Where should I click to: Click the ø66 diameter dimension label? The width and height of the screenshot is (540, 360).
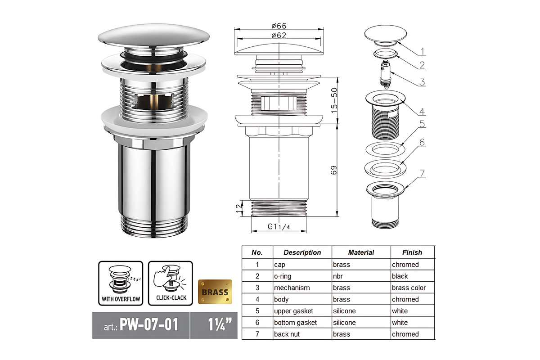tap(279, 26)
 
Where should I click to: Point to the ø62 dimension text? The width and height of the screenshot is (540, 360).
tap(279, 36)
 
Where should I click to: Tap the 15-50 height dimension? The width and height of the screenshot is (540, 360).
tap(334, 100)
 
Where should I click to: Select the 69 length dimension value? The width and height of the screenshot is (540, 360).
tap(333, 170)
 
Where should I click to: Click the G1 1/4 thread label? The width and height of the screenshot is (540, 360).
tap(279, 227)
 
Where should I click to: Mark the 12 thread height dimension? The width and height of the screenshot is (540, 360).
tap(239, 208)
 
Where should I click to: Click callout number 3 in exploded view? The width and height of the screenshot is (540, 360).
tap(422, 82)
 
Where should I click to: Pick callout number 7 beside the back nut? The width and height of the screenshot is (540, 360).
tap(422, 173)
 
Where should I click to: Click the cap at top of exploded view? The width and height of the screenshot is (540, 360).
tap(386, 35)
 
